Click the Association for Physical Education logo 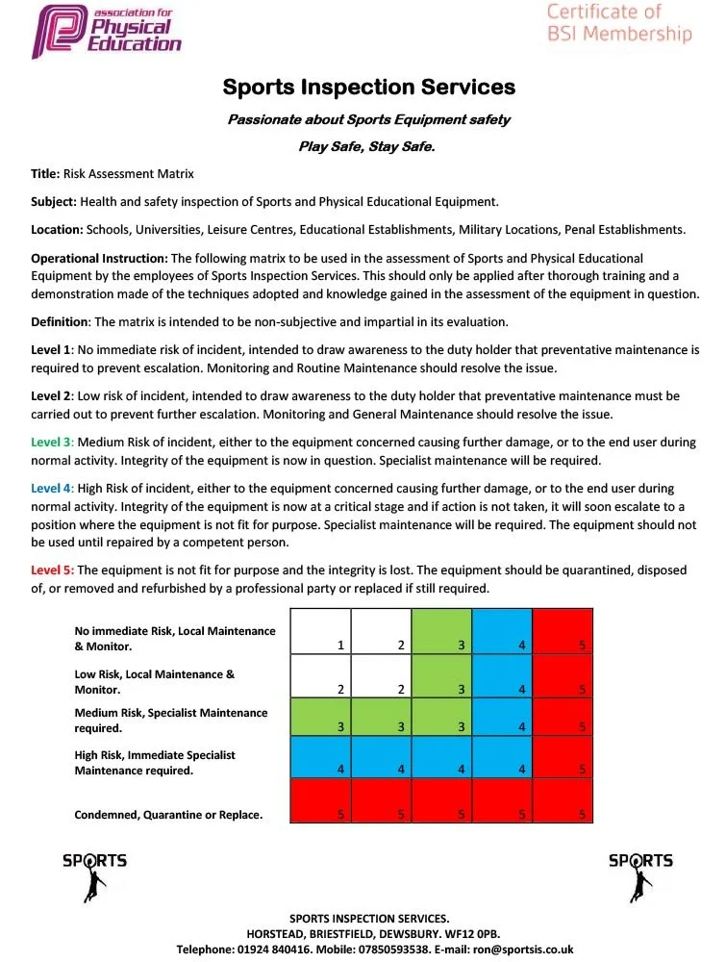106,31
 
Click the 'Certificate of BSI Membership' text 619,23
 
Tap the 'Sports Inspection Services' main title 369,87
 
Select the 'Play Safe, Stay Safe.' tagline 368,146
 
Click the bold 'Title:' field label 45,174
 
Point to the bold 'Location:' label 57,230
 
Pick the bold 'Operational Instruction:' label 99,259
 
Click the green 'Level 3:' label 52,443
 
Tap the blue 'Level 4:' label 52,489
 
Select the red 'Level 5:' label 52,570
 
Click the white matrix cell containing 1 320,631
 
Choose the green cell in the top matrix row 441,631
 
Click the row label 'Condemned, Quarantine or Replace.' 168,815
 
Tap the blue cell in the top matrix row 502,631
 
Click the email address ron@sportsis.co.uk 523,949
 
